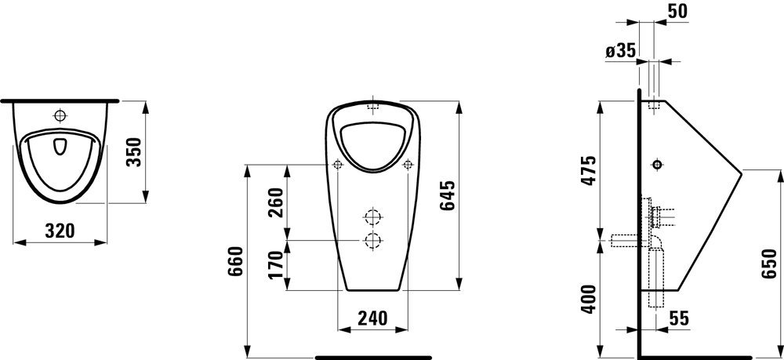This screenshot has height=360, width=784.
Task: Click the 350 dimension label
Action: click(135, 151)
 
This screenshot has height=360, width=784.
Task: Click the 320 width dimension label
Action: click(60, 231)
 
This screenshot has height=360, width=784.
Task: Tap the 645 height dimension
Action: click(447, 195)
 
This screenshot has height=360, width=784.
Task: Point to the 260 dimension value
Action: click(275, 202)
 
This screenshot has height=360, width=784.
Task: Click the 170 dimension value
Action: click(275, 266)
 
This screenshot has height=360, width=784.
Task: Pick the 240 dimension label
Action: click(372, 318)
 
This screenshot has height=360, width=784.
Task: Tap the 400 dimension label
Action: click(590, 299)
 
